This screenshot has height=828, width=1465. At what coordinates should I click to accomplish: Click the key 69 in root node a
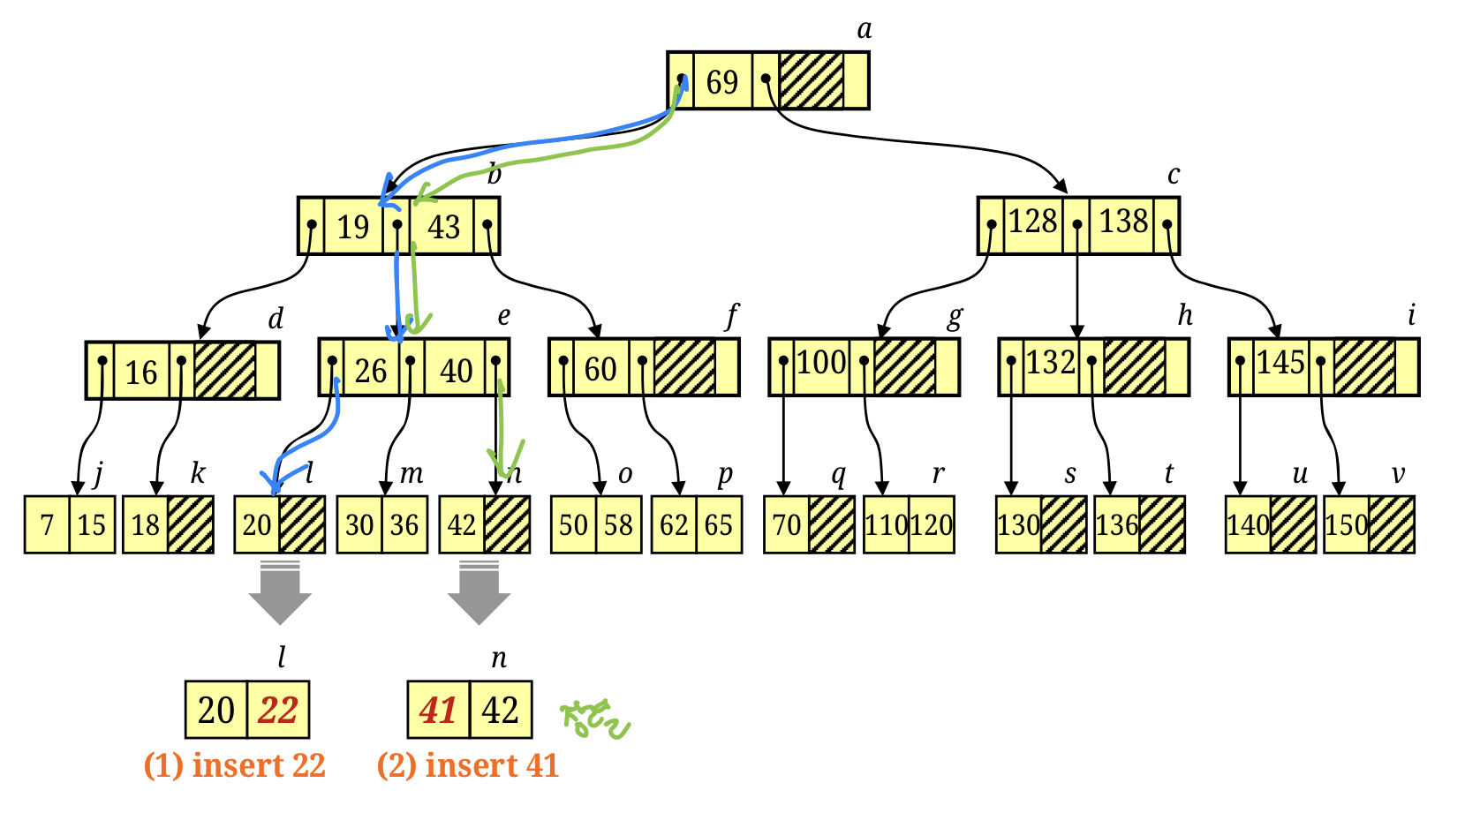721,82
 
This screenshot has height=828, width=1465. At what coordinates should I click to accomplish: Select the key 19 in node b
352,227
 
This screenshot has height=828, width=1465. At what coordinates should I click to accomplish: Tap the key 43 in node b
443,227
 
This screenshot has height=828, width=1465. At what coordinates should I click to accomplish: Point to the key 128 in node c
1032,222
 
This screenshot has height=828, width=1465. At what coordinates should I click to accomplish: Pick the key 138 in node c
1123,222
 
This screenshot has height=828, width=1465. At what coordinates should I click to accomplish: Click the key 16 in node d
141,373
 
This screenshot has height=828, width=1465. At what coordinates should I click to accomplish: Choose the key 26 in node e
371,371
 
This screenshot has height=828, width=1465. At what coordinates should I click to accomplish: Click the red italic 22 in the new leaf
278,711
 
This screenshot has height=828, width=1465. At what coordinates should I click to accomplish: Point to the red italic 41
438,711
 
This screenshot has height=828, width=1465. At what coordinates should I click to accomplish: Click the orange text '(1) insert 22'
235,765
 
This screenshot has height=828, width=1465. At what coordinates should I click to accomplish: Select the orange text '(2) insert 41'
468,765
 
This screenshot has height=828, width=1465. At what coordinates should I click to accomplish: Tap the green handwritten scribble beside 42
596,719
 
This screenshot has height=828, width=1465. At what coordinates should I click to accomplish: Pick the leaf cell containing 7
48,525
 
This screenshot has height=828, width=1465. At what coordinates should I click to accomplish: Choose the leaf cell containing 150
1346,525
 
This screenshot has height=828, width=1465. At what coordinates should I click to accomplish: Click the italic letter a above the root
865,30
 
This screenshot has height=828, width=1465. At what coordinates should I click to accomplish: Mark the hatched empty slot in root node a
812,80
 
